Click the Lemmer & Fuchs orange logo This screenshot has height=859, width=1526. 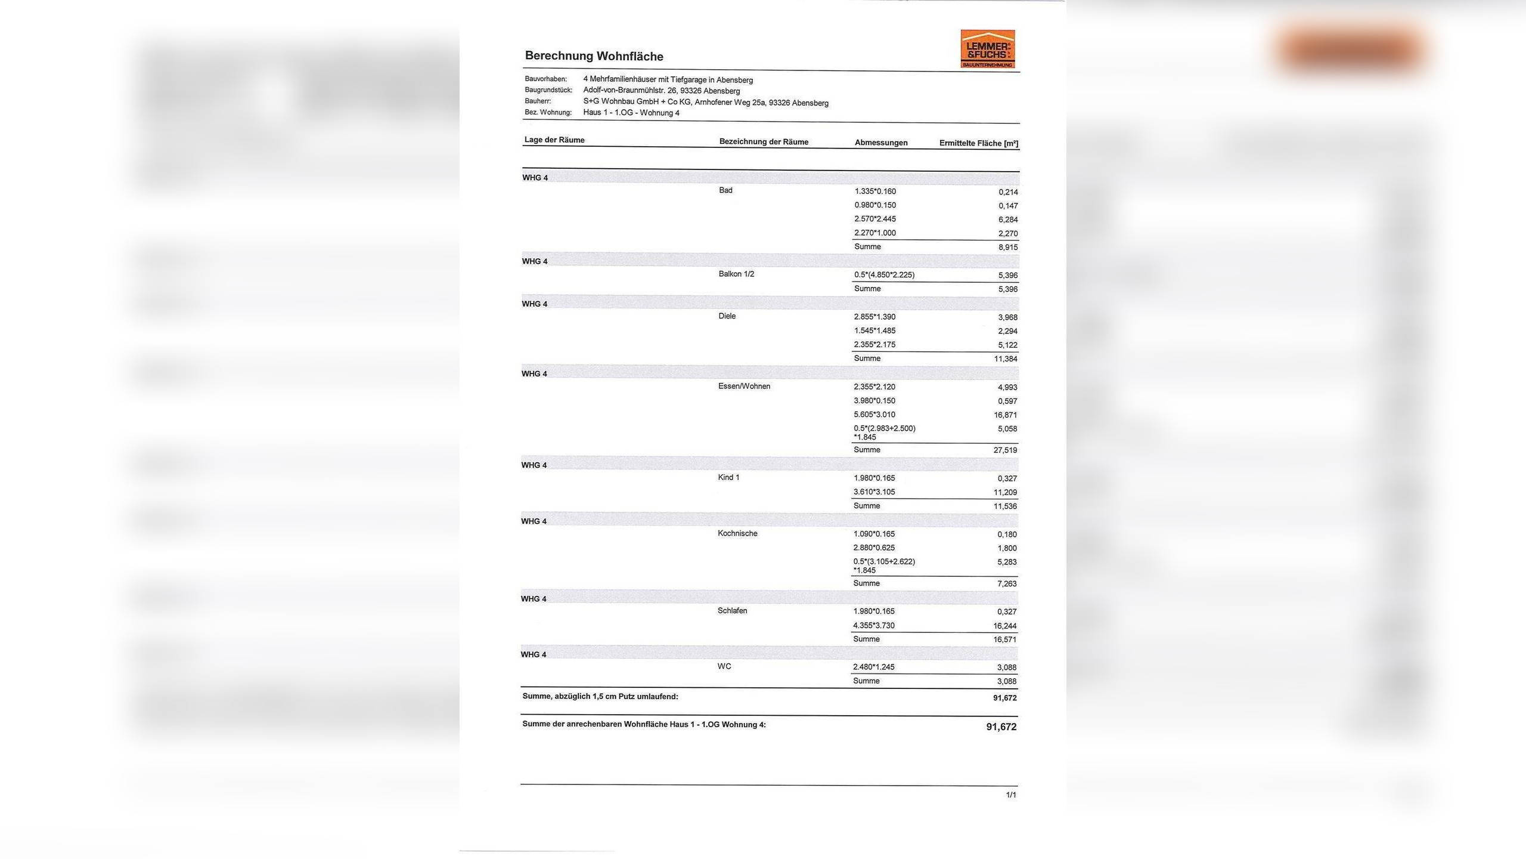[987, 49]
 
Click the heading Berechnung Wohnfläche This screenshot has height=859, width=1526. [594, 56]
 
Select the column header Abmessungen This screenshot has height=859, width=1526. [881, 143]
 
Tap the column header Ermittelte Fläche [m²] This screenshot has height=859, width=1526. [979, 143]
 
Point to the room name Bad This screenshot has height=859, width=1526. [725, 190]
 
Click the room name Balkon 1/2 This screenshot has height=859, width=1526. [736, 274]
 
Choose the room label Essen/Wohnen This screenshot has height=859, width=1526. [744, 386]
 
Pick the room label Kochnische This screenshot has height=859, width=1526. [737, 533]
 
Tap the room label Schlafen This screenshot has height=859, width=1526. [732, 611]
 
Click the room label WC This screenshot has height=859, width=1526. [724, 666]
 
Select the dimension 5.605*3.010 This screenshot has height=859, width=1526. [874, 415]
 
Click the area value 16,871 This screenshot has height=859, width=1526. [1005, 415]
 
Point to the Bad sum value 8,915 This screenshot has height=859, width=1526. [1008, 247]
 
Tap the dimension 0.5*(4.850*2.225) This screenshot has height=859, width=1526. [884, 275]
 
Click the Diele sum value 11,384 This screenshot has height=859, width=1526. [1005, 359]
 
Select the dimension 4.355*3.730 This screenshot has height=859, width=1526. [874, 625]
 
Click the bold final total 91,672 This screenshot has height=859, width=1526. [1001, 727]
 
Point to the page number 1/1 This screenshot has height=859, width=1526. [1011, 795]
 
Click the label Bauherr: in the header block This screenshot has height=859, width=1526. [538, 101]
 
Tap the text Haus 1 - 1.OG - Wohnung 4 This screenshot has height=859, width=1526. [631, 113]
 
